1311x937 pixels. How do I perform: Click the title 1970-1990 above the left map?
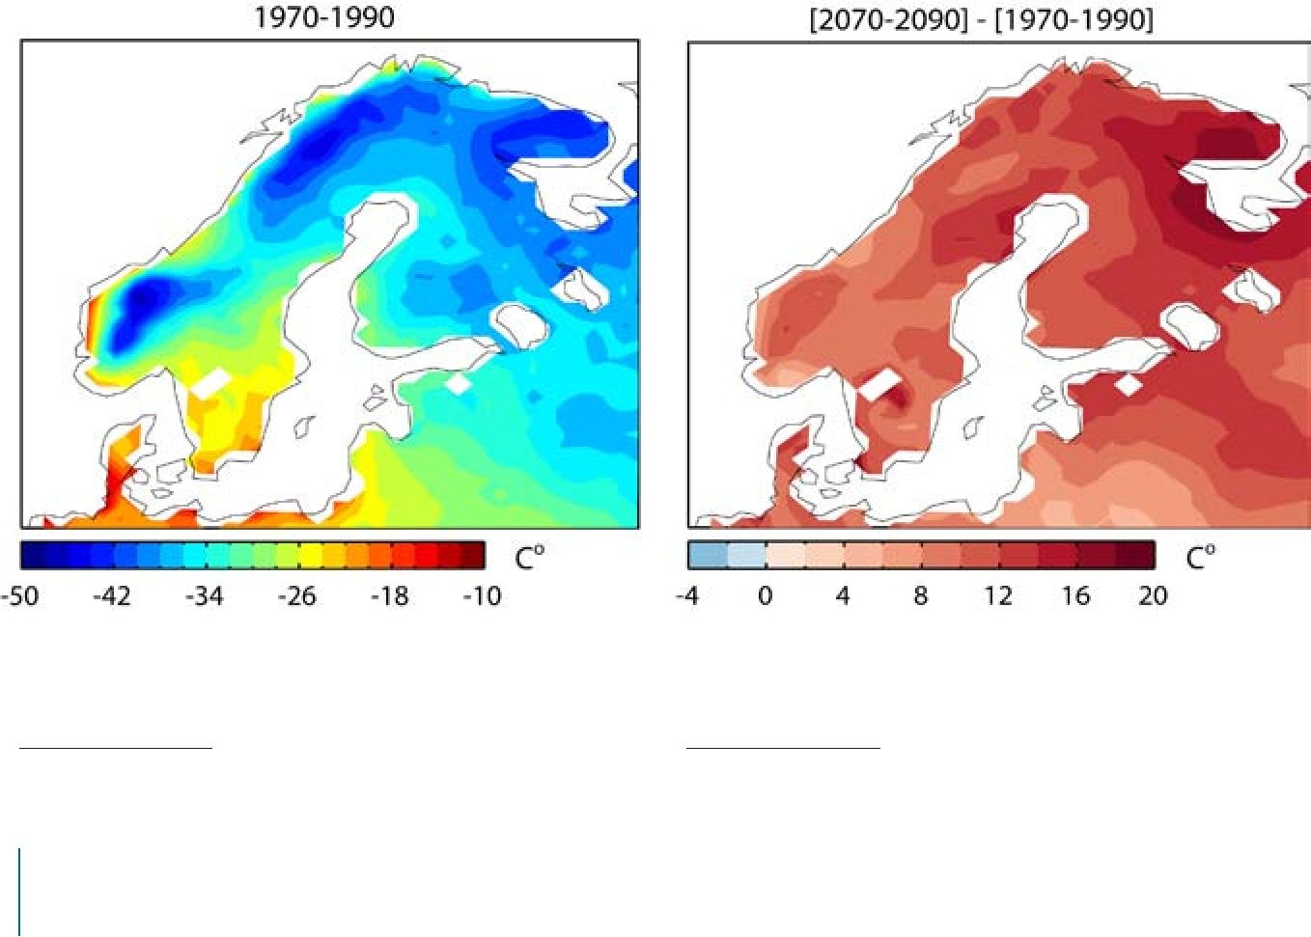(324, 17)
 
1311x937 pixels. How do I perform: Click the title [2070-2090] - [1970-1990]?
(982, 20)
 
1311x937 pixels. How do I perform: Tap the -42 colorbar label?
(112, 596)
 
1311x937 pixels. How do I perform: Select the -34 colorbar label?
(205, 596)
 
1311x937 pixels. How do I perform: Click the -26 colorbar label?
(297, 596)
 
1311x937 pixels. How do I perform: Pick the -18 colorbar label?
(390, 596)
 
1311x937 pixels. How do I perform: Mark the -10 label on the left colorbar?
(483, 596)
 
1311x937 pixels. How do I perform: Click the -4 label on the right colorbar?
(687, 596)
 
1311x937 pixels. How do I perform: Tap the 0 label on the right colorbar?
(766, 596)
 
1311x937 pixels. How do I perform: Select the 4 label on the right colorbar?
(843, 596)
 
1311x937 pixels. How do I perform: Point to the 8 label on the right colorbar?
(921, 596)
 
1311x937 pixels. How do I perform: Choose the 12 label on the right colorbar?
(998, 596)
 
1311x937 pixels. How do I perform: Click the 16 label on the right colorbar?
(1076, 596)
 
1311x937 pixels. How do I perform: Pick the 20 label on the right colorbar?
(1154, 596)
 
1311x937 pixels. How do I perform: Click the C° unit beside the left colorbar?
(530, 558)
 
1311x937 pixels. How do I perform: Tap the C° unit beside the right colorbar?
(1200, 558)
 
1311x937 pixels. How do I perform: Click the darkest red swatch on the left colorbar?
(473, 555)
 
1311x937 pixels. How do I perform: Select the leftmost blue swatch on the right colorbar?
(708, 556)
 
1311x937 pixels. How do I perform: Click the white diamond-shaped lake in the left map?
(459, 384)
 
